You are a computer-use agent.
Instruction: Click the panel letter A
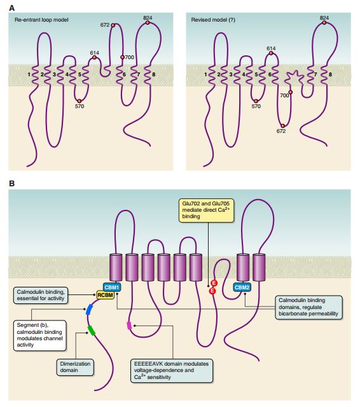pos(11,8)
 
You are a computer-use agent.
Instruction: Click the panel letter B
pos(11,184)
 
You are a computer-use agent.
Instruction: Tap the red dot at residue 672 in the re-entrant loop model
pos(113,25)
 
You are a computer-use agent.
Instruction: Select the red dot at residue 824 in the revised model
pos(324,23)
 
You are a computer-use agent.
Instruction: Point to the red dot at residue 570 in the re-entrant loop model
pos(80,101)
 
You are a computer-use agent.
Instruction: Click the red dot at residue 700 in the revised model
pos(291,92)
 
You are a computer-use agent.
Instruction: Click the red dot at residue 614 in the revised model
pos(271,53)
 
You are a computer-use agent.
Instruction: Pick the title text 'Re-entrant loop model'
pos(41,20)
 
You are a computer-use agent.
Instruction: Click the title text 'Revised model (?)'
pos(213,20)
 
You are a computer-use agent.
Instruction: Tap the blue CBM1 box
pos(112,287)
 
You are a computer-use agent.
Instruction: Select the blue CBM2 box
pos(242,287)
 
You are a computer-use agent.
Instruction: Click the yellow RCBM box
pos(105,295)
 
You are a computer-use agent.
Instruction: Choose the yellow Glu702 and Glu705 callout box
pos(206,210)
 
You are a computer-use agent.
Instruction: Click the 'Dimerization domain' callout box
pos(75,367)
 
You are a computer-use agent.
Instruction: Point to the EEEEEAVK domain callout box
pos(172,370)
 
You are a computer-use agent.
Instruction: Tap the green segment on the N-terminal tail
pos(92,331)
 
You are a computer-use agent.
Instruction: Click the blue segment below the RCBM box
pos(89,310)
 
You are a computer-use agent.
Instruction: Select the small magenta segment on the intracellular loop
pos(129,326)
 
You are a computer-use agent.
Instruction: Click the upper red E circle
pos(214,283)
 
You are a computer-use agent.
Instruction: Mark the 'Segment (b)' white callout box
pos(39,335)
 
